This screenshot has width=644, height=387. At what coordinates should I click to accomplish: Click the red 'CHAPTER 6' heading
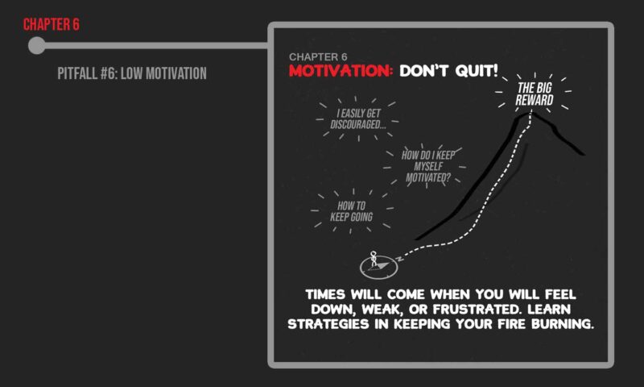click(x=52, y=25)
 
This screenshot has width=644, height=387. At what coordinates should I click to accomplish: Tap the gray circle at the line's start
click(x=37, y=45)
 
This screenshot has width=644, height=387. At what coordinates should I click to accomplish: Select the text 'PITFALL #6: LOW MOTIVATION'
click(x=132, y=73)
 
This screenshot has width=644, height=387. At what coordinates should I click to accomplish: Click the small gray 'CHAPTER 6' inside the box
click(x=318, y=56)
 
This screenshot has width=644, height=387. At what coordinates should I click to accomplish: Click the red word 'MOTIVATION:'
click(x=341, y=71)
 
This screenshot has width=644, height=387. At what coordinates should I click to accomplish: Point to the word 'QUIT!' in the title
click(x=477, y=71)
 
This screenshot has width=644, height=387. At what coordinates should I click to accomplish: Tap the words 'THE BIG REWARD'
click(x=535, y=94)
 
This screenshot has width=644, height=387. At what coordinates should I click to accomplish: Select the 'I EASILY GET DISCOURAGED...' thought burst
click(x=358, y=119)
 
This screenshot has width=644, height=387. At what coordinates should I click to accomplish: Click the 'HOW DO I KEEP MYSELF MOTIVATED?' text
click(x=428, y=166)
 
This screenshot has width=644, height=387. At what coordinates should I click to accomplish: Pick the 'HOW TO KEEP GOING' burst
click(x=352, y=211)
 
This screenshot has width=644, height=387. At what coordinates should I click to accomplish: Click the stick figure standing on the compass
click(x=374, y=259)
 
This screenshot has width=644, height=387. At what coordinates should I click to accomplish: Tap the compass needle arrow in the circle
click(x=380, y=265)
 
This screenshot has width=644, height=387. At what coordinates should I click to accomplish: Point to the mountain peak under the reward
click(x=527, y=114)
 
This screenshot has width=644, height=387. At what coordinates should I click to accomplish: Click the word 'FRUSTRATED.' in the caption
click(x=477, y=310)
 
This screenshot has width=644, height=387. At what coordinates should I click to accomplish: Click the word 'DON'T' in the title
click(x=423, y=71)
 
